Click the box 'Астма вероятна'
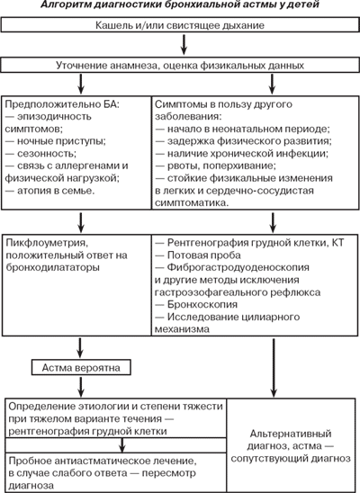(x=81, y=368)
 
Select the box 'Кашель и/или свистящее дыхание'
(x=180, y=25)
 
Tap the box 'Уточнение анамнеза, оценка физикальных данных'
(x=180, y=65)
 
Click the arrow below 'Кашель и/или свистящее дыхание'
(x=184, y=45)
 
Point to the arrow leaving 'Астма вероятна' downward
(x=81, y=387)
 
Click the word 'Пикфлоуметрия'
(x=46, y=243)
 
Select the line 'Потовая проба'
(x=198, y=255)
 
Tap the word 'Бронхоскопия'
(x=202, y=304)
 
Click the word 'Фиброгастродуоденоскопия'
(x=238, y=267)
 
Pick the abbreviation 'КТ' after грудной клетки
(x=338, y=243)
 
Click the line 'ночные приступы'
(x=56, y=141)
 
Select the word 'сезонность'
(x=47, y=154)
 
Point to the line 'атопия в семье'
(x=50, y=191)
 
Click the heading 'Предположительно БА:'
(x=62, y=104)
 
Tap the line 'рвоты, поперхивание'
(x=216, y=166)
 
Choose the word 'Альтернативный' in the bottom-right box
(x=291, y=434)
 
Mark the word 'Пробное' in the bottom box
(x=29, y=461)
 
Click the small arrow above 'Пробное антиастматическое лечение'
(x=122, y=445)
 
